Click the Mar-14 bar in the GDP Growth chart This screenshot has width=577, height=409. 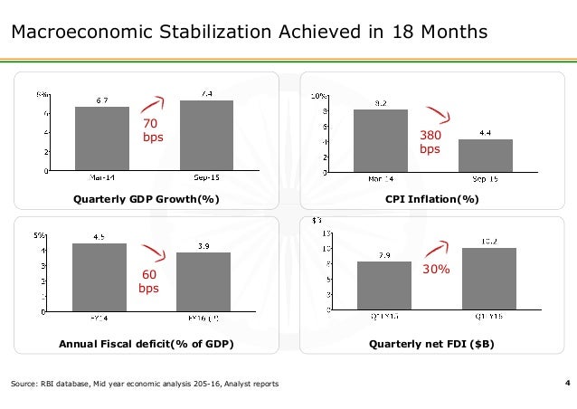[101, 138]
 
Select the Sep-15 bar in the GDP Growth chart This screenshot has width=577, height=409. [207, 135]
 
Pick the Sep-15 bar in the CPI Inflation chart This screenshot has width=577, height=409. [486, 155]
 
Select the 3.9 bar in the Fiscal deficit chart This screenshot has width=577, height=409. [203, 282]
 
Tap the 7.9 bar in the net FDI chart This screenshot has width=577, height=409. [384, 287]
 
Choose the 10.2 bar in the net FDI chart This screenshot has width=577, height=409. [489, 280]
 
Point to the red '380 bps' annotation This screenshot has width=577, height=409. [430, 142]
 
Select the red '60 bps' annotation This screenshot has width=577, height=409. [148, 281]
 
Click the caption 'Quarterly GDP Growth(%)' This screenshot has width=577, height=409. [147, 199]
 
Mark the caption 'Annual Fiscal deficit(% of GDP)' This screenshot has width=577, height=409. [147, 345]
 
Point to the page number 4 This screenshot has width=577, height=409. [566, 385]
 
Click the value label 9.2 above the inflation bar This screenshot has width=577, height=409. [381, 103]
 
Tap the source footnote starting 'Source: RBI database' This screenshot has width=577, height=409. [145, 385]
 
